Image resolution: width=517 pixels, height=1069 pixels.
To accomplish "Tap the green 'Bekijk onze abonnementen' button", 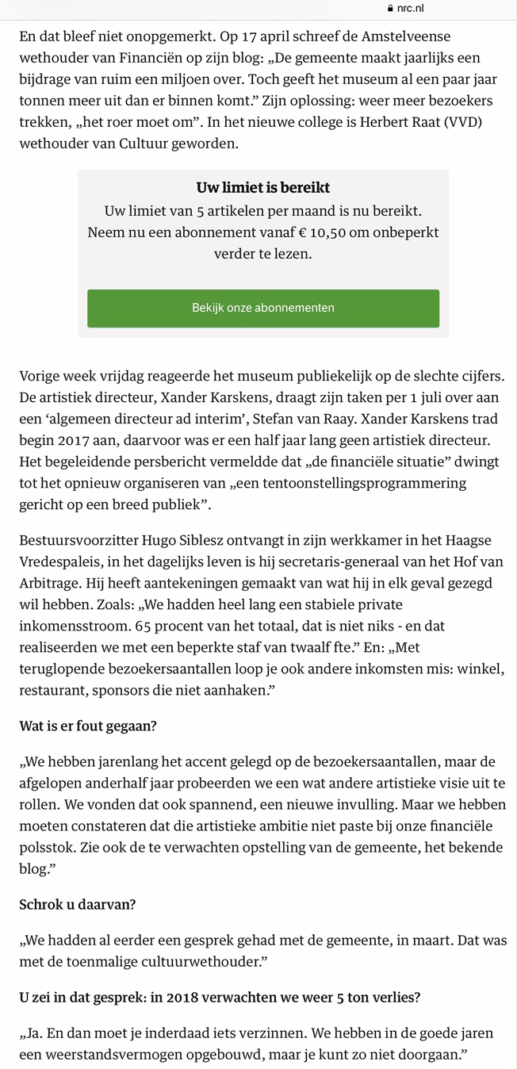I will [x=262, y=308].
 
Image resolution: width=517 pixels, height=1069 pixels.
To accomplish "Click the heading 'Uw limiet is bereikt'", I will [x=262, y=188].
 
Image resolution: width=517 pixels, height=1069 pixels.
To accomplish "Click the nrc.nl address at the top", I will [x=410, y=8].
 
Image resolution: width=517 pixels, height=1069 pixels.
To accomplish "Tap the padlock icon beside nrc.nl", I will [x=389, y=8].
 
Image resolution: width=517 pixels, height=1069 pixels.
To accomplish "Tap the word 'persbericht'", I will [x=166, y=461].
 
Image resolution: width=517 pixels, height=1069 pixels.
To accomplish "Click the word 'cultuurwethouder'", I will [x=194, y=962].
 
